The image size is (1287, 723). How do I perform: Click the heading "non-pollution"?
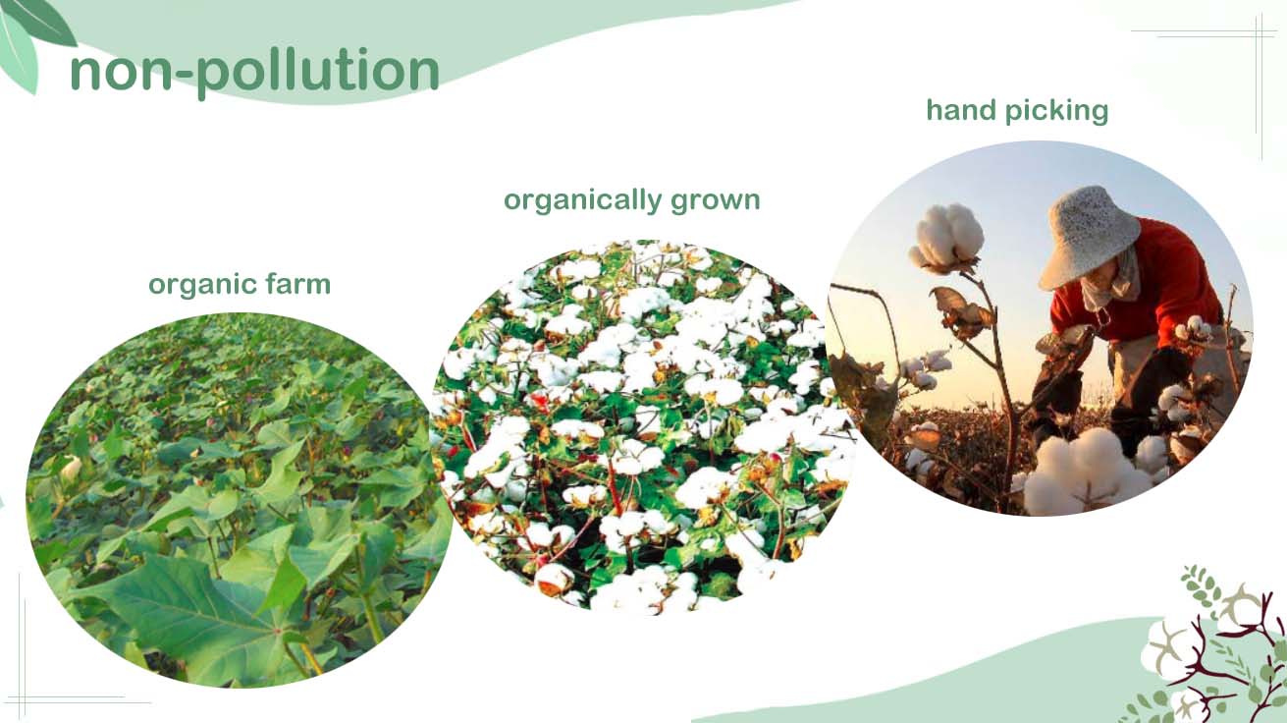(254, 72)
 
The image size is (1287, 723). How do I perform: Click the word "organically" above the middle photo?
(582, 201)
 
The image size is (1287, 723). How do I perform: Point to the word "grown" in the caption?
(716, 202)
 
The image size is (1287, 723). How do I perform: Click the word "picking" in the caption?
(1056, 112)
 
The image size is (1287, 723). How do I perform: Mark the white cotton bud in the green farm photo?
(72, 468)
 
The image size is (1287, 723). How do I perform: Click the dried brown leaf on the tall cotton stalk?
(962, 313)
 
